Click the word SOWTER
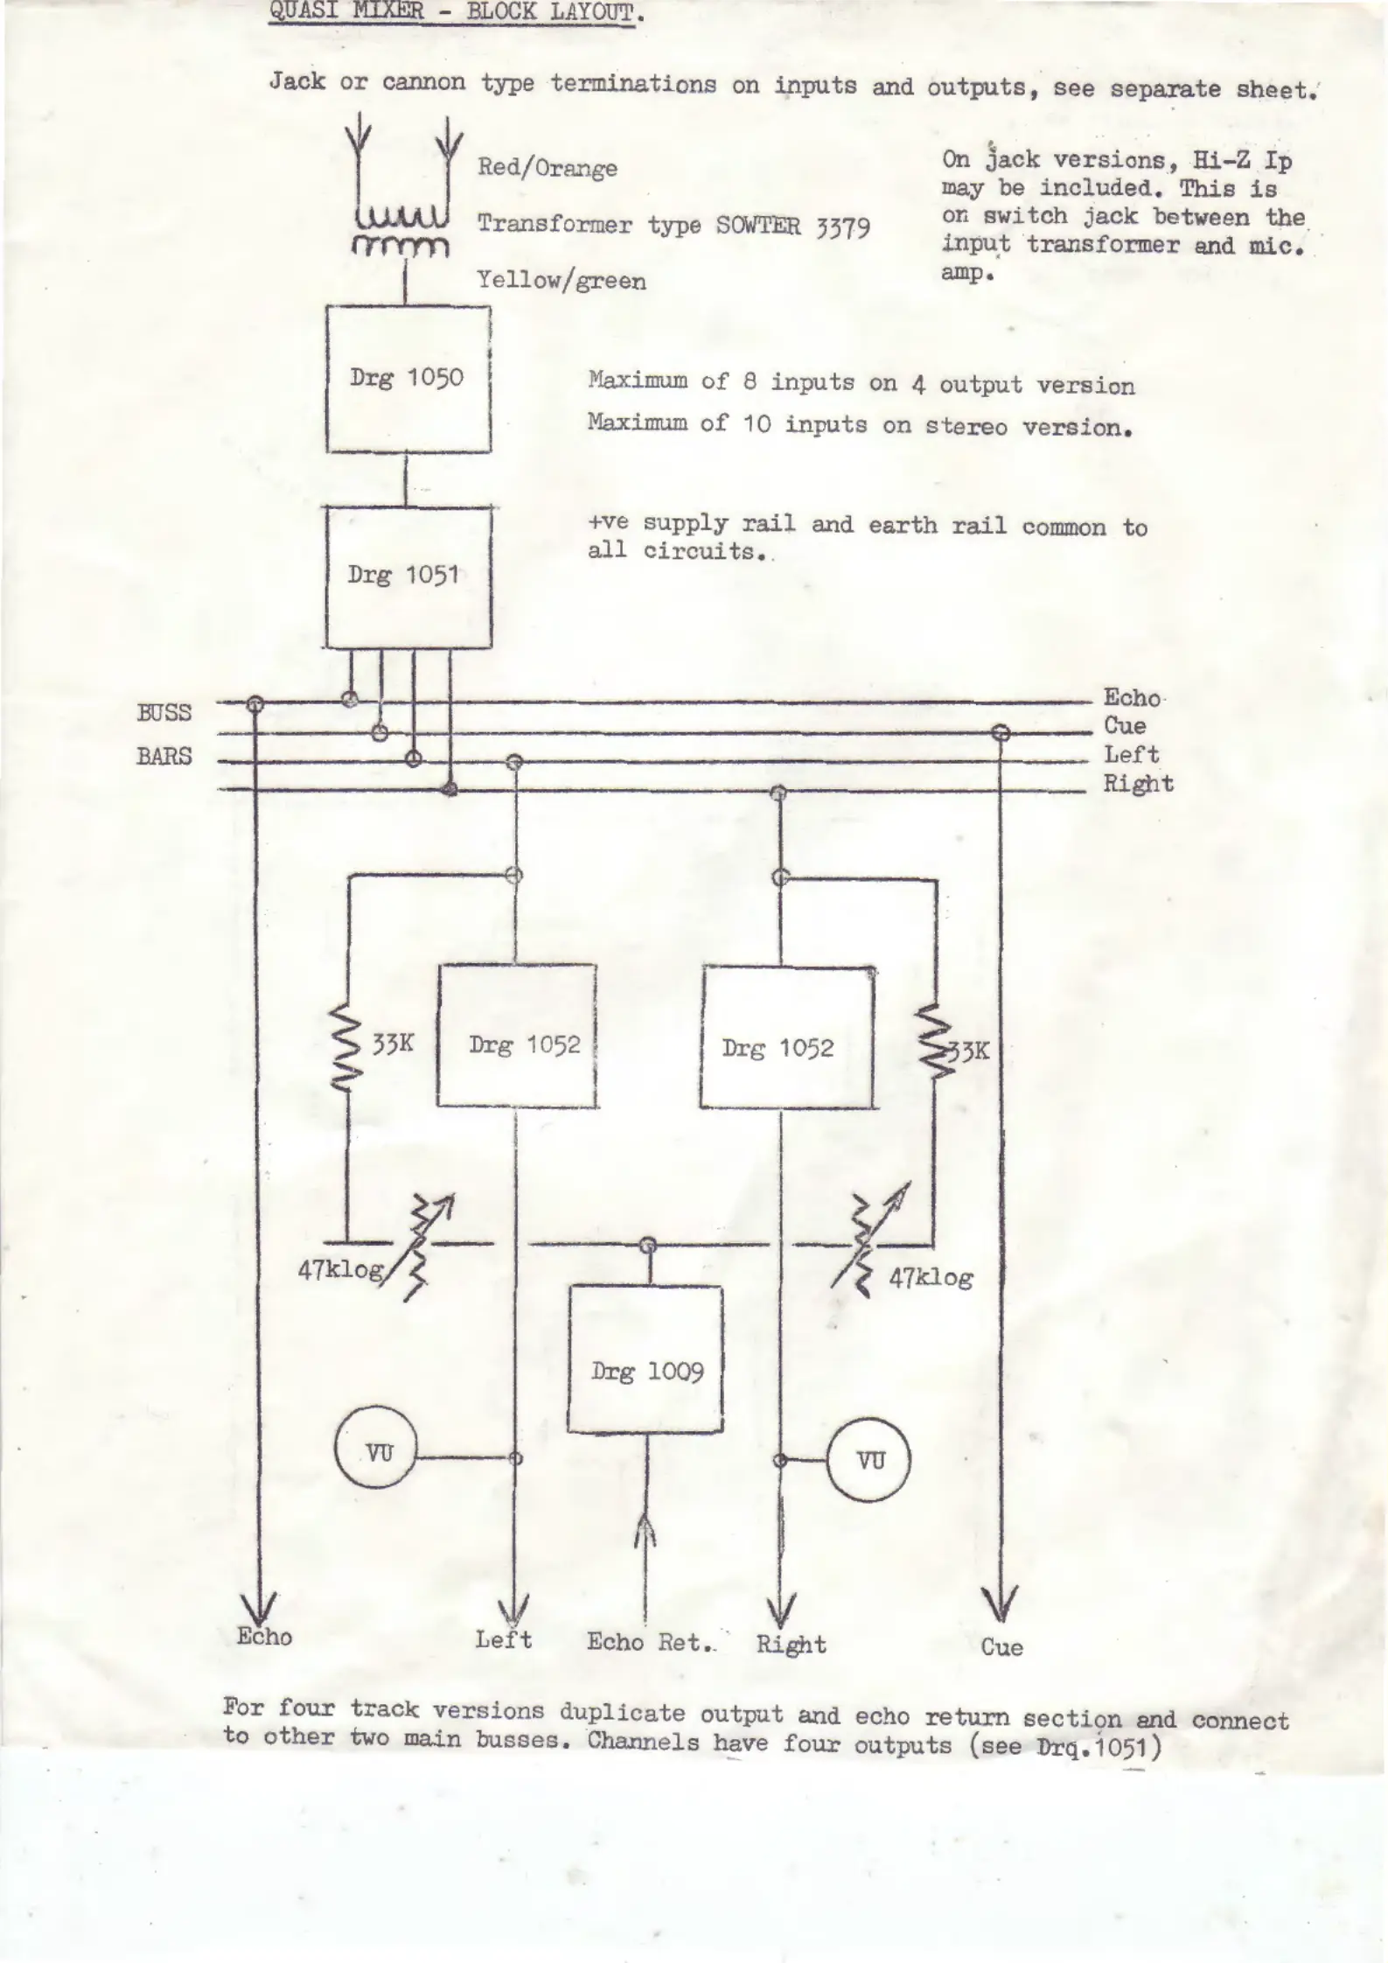758,226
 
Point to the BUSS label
164,712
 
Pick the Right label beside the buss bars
1138,784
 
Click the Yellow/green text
561,281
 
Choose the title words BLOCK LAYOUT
551,13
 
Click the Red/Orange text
548,168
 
